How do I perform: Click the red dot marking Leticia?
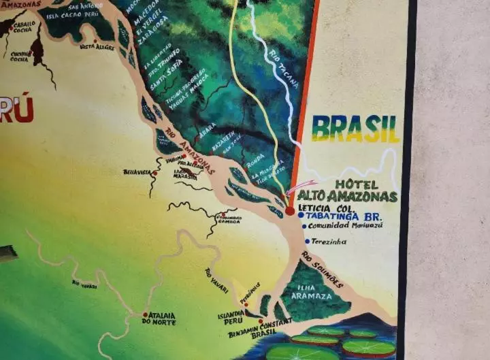(290, 211)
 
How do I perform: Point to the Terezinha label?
(330, 242)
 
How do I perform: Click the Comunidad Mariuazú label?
(345, 226)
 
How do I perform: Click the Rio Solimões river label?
(323, 269)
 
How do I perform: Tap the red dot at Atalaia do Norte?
(145, 314)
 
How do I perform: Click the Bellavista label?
(137, 173)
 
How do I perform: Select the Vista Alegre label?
(97, 47)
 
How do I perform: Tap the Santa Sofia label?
(167, 86)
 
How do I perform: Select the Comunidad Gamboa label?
(229, 220)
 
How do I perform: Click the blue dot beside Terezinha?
(308, 242)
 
